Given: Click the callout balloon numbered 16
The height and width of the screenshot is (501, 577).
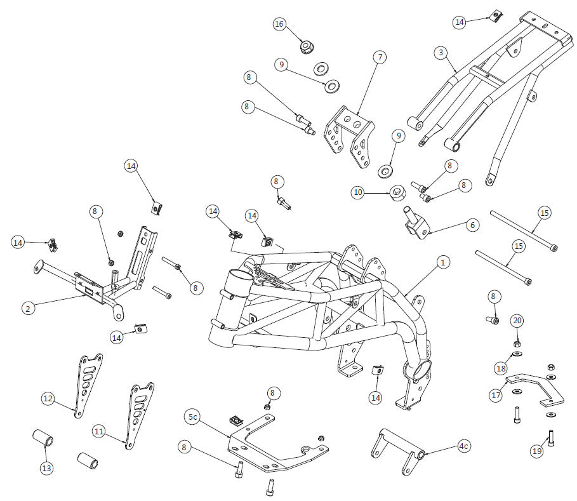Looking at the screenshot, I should pyautogui.click(x=279, y=24).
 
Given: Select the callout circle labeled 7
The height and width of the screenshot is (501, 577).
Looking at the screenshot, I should pyautogui.click(x=379, y=57).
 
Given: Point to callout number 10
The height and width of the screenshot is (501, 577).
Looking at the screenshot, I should pyautogui.click(x=358, y=192).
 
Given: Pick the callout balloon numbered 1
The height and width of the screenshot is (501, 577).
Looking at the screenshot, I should pyautogui.click(x=443, y=262).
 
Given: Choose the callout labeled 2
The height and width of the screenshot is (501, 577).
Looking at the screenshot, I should pyautogui.click(x=27, y=309).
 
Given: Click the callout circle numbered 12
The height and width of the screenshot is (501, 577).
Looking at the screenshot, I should pyautogui.click(x=48, y=399).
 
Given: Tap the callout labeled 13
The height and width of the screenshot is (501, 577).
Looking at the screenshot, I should pyautogui.click(x=47, y=468).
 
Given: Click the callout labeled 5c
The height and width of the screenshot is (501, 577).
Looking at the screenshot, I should pyautogui.click(x=194, y=417).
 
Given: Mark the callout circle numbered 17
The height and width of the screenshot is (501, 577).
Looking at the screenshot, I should pyautogui.click(x=496, y=395).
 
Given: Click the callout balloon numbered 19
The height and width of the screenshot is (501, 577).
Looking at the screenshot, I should pyautogui.click(x=537, y=451).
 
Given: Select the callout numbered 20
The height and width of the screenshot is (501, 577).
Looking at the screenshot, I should pyautogui.click(x=517, y=321).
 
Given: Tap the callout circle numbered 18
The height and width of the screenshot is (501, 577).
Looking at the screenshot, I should pyautogui.click(x=501, y=368).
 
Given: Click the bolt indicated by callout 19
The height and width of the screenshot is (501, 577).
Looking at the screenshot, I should pyautogui.click(x=551, y=438).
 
